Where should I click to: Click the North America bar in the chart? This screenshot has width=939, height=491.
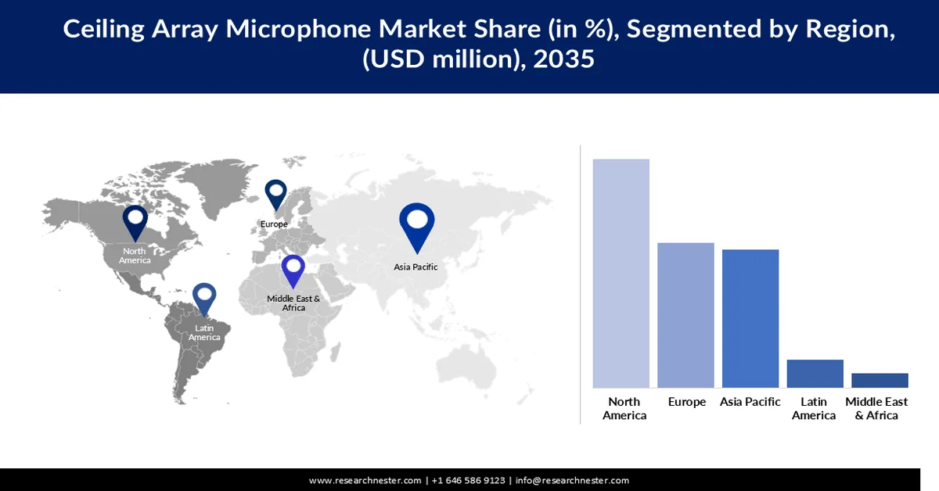[621, 273]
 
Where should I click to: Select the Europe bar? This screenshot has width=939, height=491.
[685, 315]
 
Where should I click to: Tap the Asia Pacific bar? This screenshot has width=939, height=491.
[750, 318]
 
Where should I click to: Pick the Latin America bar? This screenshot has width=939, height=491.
[815, 374]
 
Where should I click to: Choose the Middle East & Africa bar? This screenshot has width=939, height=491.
[880, 380]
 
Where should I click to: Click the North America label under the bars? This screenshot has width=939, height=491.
[624, 408]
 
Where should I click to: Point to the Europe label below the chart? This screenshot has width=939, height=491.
[686, 402]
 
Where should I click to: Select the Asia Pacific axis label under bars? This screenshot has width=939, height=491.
[750, 402]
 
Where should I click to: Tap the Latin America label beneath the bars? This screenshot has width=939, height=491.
[814, 408]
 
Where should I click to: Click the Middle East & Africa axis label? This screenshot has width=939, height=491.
[876, 408]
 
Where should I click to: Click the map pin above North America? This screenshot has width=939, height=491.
[135, 221]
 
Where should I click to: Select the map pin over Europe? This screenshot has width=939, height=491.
[275, 195]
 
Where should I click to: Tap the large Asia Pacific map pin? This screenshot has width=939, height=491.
[416, 225]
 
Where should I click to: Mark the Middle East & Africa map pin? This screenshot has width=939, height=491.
[293, 271]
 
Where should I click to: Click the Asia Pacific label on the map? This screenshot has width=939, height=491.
[416, 267]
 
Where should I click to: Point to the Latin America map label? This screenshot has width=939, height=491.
[204, 333]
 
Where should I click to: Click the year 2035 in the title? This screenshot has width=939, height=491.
[563, 60]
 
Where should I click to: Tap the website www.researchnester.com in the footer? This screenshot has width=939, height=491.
[365, 480]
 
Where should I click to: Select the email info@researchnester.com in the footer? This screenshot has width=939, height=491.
[572, 480]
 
